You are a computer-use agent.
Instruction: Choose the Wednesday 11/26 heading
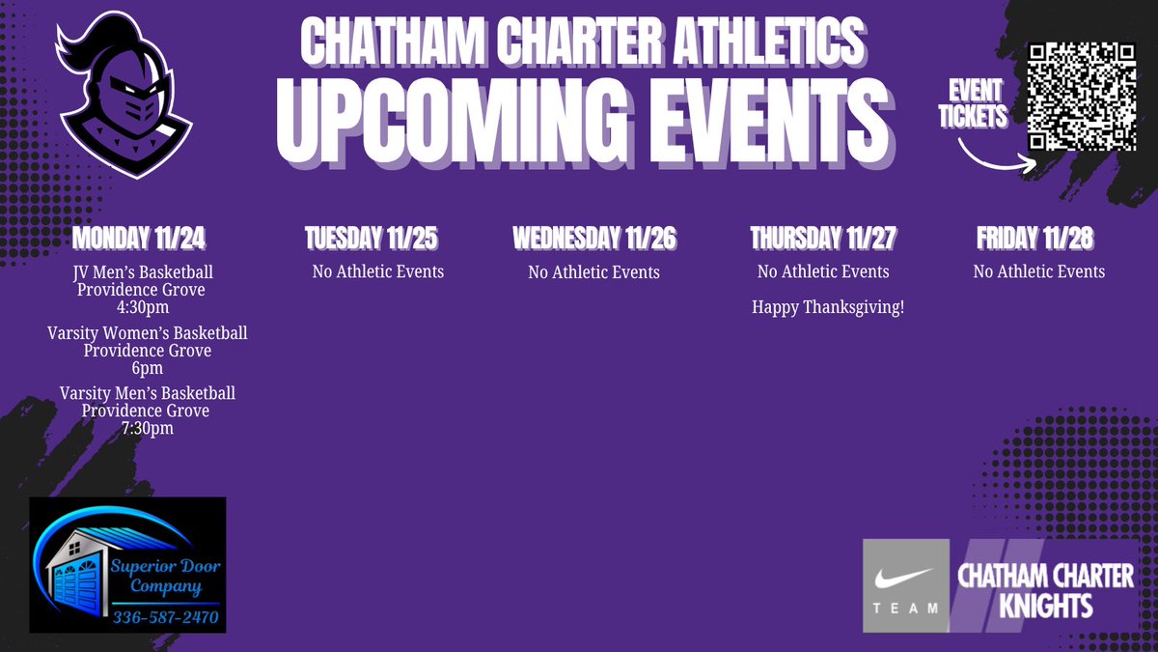pos(593,238)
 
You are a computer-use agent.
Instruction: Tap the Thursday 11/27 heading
pos(823,238)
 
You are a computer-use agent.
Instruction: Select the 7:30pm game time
pos(147,428)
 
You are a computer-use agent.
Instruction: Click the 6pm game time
pos(147,367)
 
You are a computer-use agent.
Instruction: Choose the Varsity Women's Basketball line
pos(147,333)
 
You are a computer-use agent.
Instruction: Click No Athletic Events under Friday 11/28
pos(1038,271)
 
